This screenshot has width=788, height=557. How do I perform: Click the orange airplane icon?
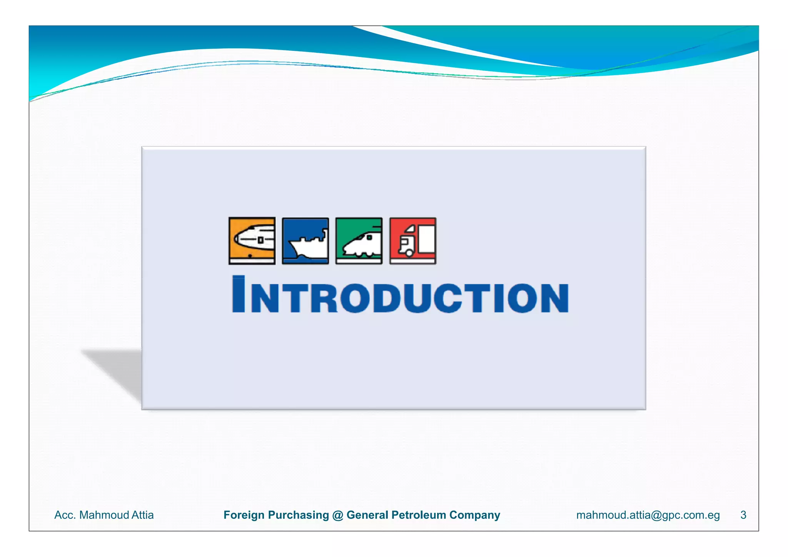[252, 241]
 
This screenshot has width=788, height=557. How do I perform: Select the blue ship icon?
[306, 241]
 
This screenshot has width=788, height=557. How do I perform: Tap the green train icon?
[359, 241]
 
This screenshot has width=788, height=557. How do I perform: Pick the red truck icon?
[412, 241]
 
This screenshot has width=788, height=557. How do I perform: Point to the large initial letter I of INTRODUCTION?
[239, 294]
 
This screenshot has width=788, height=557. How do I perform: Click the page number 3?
[743, 515]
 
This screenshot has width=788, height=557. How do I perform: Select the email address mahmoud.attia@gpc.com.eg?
[648, 515]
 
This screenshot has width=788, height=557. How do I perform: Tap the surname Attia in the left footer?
[142, 515]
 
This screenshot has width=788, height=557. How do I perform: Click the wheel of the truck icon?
[409, 253]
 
